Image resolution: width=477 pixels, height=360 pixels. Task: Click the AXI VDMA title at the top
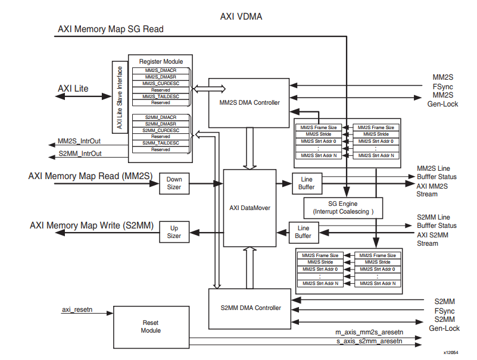241,16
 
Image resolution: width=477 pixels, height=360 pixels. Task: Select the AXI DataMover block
250,208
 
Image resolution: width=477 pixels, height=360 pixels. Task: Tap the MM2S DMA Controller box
248,102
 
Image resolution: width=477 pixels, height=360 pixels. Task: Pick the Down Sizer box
174,183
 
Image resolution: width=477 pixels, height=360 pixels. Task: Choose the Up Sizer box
174,232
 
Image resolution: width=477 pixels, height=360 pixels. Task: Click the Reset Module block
151,326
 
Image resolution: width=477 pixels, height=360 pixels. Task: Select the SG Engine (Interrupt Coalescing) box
342,208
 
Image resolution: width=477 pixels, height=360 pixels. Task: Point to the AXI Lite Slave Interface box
119,97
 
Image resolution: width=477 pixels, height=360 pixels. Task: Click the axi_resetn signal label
77,311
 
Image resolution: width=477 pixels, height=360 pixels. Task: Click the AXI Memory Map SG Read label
110,29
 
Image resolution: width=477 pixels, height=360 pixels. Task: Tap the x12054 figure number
451,353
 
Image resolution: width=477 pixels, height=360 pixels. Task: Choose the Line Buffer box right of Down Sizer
307,183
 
